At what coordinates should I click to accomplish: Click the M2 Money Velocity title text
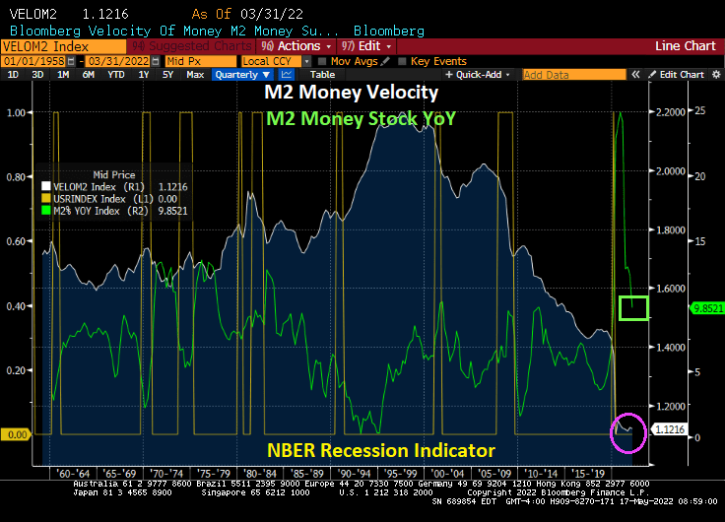tap(352, 93)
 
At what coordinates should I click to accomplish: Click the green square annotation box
tap(633, 307)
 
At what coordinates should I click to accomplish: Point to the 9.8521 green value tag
tap(706, 307)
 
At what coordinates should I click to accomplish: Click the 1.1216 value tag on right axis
tap(672, 429)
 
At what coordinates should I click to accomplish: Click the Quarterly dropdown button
tap(241, 75)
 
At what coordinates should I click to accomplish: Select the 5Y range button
tap(168, 75)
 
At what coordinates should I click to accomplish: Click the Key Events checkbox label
tap(437, 61)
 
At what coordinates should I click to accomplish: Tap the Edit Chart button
tap(681, 75)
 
